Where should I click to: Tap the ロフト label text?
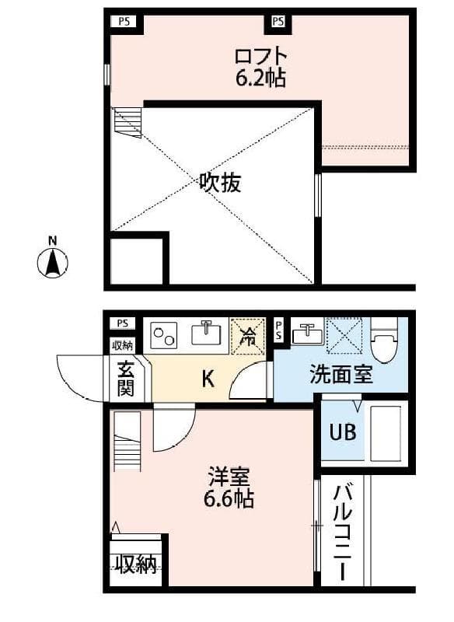[x=260, y=56]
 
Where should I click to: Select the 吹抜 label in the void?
[x=220, y=184]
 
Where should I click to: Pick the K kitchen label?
[x=208, y=379]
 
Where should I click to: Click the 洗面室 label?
[x=341, y=375]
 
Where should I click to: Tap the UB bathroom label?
[x=343, y=432]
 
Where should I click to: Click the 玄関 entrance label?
[x=125, y=379]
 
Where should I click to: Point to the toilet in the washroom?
[x=384, y=341]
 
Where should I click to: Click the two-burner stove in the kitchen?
[x=164, y=335]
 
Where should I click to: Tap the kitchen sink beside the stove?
[x=207, y=333]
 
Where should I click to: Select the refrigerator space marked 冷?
[x=248, y=337]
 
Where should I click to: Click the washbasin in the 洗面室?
[x=308, y=334]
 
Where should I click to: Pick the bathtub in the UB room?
[x=386, y=432]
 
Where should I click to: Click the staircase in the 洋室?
[x=127, y=441]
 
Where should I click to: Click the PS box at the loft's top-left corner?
[x=124, y=21]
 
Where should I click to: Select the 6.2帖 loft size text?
[x=260, y=78]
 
